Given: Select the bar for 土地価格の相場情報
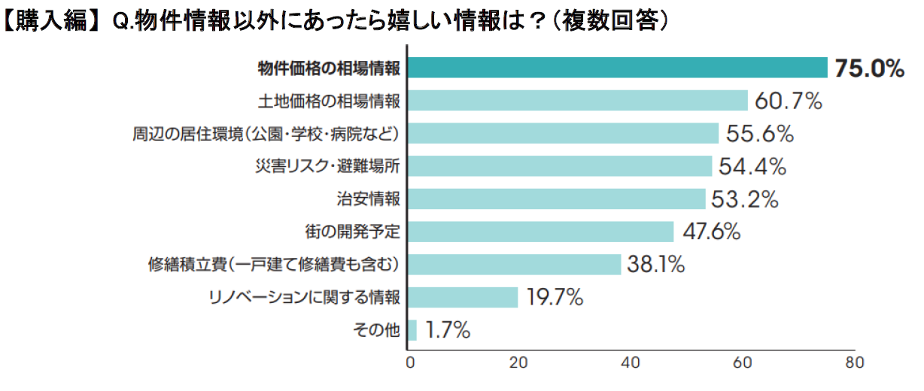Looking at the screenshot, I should tap(577, 101).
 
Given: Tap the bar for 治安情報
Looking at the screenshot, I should tap(556, 199).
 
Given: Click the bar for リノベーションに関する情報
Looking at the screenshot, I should tap(463, 297).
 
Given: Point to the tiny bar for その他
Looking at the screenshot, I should tap(412, 329).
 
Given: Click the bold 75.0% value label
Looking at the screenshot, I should tap(868, 68).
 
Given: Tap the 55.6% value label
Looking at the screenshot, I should tap(760, 134).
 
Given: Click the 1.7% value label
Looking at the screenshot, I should tap(448, 329).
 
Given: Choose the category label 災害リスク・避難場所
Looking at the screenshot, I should tap(327, 166).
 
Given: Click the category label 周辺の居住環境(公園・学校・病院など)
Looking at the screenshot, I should tap(265, 134).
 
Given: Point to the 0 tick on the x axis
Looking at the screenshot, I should tap(410, 362).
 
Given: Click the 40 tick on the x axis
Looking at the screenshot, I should tap(631, 362).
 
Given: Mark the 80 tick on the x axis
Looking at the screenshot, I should tap(853, 362).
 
